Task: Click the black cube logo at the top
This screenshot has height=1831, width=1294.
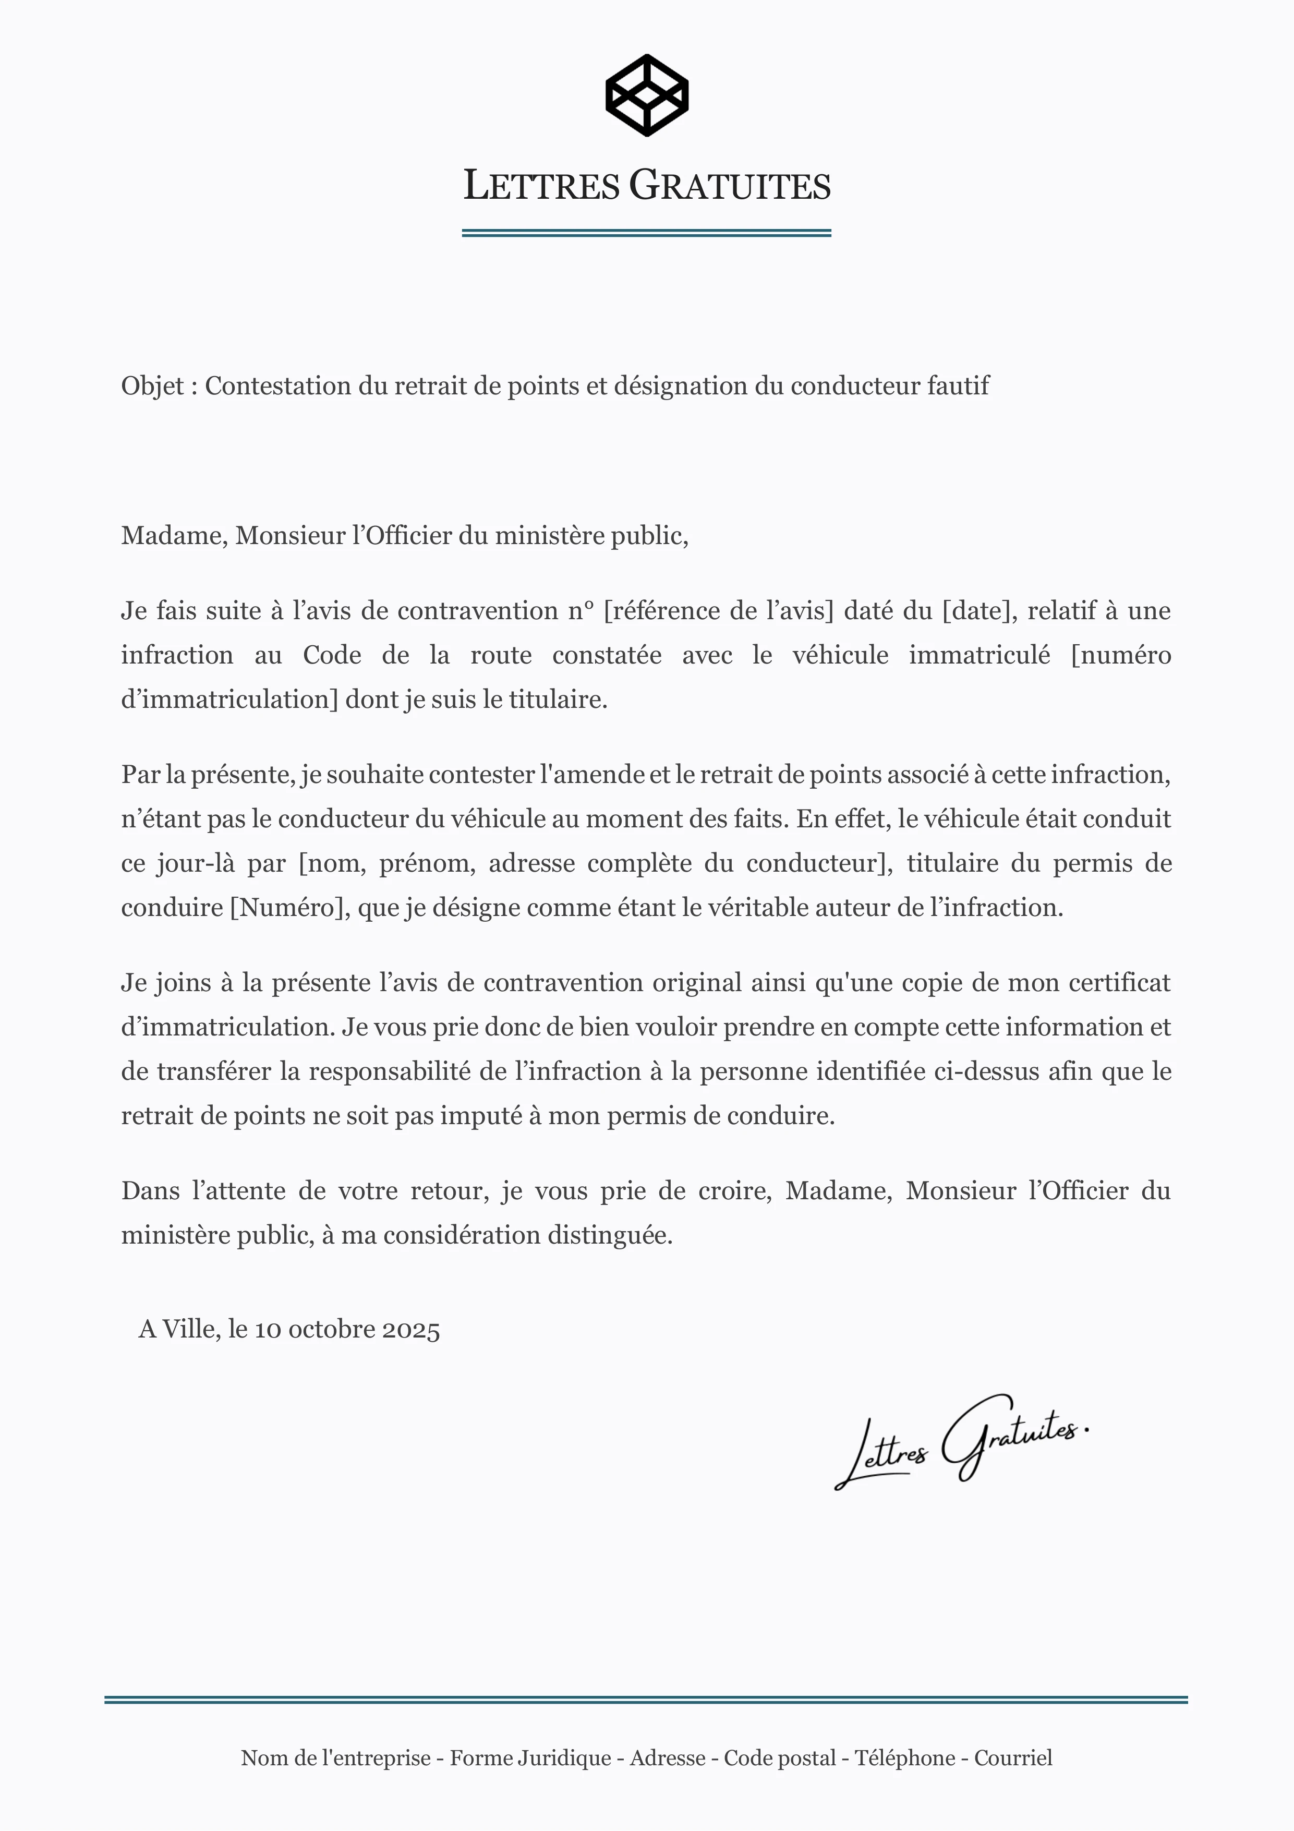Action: [x=647, y=95]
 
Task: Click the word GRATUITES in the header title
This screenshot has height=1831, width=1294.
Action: [x=730, y=186]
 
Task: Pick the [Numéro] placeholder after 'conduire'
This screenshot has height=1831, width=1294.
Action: [x=289, y=908]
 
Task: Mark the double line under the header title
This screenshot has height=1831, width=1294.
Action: [x=647, y=233]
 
